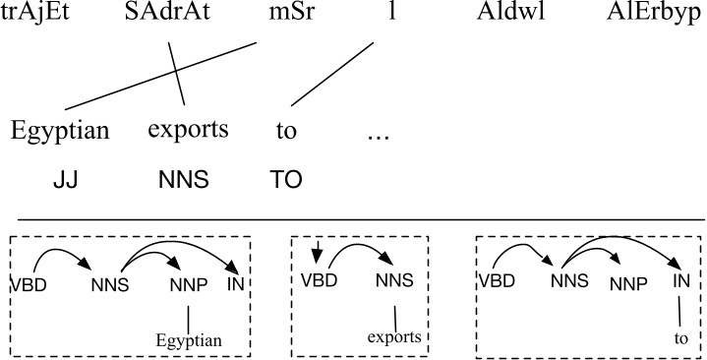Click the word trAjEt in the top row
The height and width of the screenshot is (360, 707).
42,20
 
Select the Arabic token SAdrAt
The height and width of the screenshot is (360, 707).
171,20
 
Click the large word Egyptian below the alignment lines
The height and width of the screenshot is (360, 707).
60,131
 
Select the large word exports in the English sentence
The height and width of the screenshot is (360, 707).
188,131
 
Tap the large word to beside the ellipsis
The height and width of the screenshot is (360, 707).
286,131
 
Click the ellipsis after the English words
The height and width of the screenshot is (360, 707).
379,135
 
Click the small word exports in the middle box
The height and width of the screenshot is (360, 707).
394,337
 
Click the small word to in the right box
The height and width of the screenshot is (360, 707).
682,336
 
